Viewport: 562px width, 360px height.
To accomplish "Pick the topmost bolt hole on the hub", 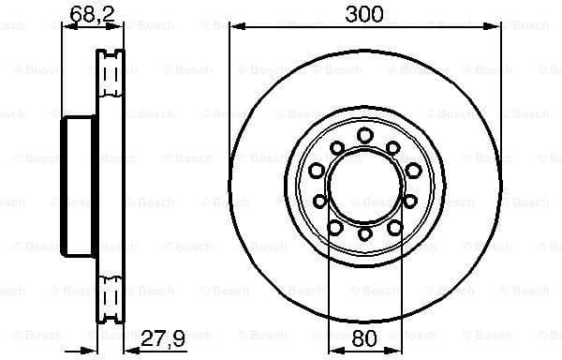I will (365, 134).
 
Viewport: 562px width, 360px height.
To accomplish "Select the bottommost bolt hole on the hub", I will (365, 233).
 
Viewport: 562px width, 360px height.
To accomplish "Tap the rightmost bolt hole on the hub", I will (413, 169).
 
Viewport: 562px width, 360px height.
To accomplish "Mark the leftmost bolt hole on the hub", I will (317, 170).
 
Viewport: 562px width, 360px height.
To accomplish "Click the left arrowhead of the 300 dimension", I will (235, 26).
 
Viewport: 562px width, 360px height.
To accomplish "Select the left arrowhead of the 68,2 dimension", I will (67, 26).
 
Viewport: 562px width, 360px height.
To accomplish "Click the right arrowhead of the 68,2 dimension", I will (119, 26).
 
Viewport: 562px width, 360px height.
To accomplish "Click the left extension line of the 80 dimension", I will (329, 281).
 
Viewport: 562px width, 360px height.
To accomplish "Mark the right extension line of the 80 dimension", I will (402, 281).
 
